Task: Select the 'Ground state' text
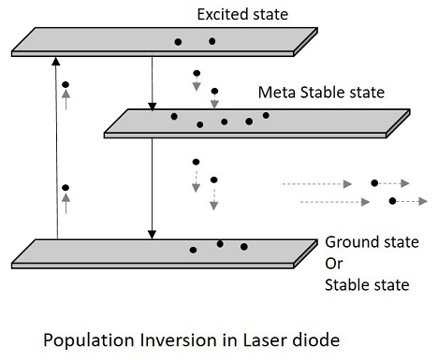[365, 240]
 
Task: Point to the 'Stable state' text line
[366, 284]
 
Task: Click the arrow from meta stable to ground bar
[152, 188]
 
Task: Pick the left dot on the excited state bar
[177, 42]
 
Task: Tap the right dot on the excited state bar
[212, 41]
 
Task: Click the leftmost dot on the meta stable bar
[173, 117]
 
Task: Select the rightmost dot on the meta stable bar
[267, 115]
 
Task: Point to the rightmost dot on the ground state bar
[244, 247]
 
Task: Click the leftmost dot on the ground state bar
[193, 250]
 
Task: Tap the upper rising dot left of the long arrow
[66, 85]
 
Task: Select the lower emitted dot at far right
[392, 201]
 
